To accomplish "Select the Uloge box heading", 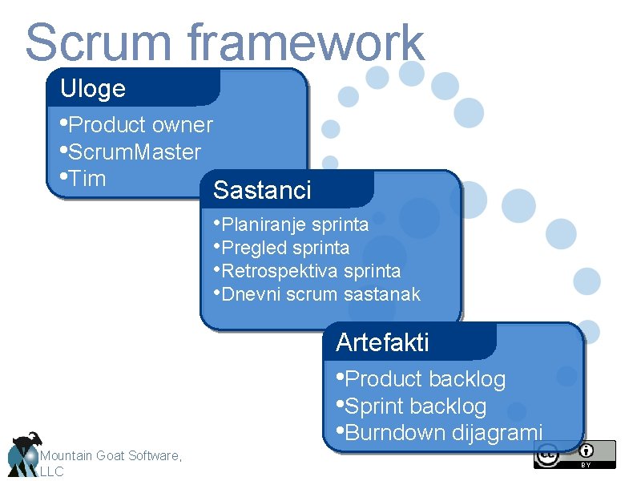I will [x=93, y=88].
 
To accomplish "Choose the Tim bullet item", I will [x=87, y=178].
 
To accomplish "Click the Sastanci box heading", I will [x=262, y=191].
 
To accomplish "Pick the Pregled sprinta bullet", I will [x=284, y=247].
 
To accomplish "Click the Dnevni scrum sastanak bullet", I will [x=320, y=294].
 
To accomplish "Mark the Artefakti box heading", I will [x=382, y=342].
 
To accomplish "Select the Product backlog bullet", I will [x=424, y=378].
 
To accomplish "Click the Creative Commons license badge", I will [x=574, y=454].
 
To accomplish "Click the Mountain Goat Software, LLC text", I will [x=111, y=463].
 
